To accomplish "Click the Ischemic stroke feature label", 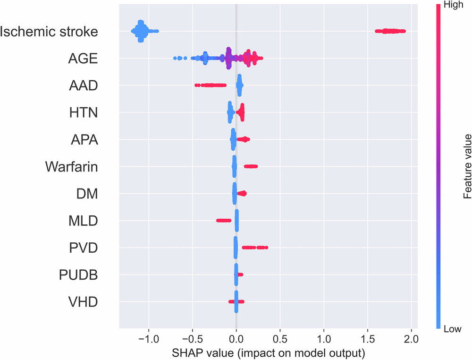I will pos(49,32).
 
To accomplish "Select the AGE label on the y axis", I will pos(83,59).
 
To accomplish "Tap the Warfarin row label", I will pos(72,167).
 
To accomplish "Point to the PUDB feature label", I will pos(78,274).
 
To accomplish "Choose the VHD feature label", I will pos(82,301).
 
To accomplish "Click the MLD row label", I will pos(81,221).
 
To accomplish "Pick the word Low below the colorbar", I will pos(452,329).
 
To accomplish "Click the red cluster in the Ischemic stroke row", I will pos(390,31).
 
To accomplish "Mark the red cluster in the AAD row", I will pos(211,85).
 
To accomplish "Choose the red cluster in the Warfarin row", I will pos(251,166).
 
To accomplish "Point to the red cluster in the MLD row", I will pos(224,220).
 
